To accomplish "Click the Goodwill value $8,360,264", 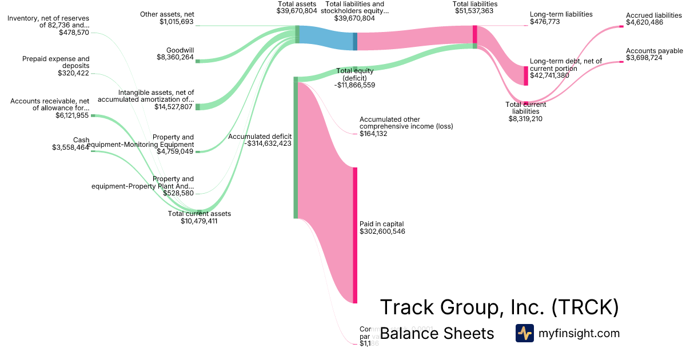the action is click(175, 57).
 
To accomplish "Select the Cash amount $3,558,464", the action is click(70, 147).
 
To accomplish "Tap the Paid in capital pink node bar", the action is click(355, 235).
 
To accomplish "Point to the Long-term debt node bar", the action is click(526, 75).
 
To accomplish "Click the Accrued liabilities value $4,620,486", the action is click(645, 23).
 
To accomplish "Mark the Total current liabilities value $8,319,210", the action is click(525, 119).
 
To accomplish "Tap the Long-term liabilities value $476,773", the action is click(545, 22).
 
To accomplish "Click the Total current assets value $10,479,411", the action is click(199, 221).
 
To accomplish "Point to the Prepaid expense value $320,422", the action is click(74, 73).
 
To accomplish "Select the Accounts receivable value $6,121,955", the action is click(72, 115).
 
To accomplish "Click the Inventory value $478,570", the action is click(74, 33).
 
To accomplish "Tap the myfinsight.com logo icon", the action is click(524, 333).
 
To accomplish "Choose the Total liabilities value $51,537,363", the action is click(474, 11).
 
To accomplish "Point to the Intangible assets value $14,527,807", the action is click(174, 107).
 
